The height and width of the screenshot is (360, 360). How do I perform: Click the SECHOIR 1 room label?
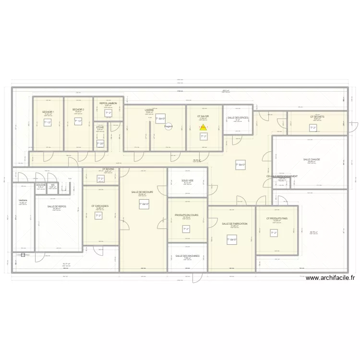pyautogui.click(x=48, y=111)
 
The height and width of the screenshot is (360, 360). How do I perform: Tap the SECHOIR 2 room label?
pyautogui.click(x=78, y=109)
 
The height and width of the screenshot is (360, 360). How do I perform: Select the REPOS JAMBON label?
pyautogui.click(x=108, y=103)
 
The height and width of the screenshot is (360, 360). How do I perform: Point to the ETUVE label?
pyautogui.click(x=100, y=127)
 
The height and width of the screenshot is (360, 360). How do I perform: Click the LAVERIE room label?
pyautogui.click(x=149, y=110)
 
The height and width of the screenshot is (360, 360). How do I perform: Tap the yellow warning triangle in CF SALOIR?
pyautogui.click(x=203, y=128)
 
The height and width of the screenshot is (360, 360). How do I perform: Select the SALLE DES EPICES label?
pyautogui.click(x=238, y=117)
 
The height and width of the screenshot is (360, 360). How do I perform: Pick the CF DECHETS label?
pyautogui.click(x=317, y=117)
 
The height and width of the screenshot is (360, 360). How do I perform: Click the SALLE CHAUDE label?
pyautogui.click(x=312, y=159)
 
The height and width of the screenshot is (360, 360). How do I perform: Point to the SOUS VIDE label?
pyautogui.click(x=187, y=180)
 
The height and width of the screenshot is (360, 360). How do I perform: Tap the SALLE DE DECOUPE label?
pyautogui.click(x=142, y=192)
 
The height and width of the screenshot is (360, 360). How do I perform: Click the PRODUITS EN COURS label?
pyautogui.click(x=187, y=215)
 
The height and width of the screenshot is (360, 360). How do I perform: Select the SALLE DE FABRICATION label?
pyautogui.click(x=235, y=224)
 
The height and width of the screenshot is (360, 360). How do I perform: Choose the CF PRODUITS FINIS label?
pyautogui.click(x=277, y=218)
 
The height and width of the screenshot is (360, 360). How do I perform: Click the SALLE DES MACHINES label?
pyautogui.click(x=187, y=256)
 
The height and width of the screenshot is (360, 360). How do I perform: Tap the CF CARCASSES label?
pyautogui.click(x=100, y=206)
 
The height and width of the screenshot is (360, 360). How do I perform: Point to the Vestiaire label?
pyautogui.click(x=23, y=200)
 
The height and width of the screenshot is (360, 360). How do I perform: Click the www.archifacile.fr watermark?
pyautogui.click(x=330, y=277)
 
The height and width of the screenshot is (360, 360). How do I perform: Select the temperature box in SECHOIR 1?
pyautogui.click(x=48, y=123)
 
